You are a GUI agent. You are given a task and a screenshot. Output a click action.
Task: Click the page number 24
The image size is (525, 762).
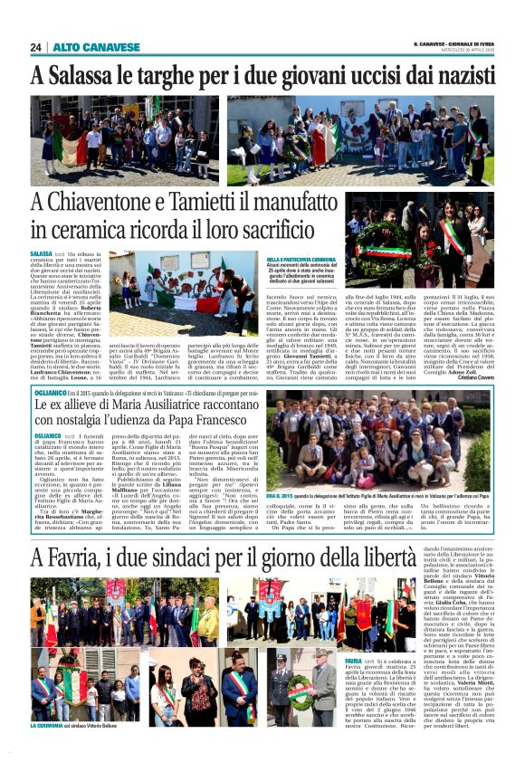(x=36, y=47)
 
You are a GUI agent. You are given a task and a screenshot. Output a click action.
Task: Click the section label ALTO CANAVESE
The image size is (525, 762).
(x=82, y=47)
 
